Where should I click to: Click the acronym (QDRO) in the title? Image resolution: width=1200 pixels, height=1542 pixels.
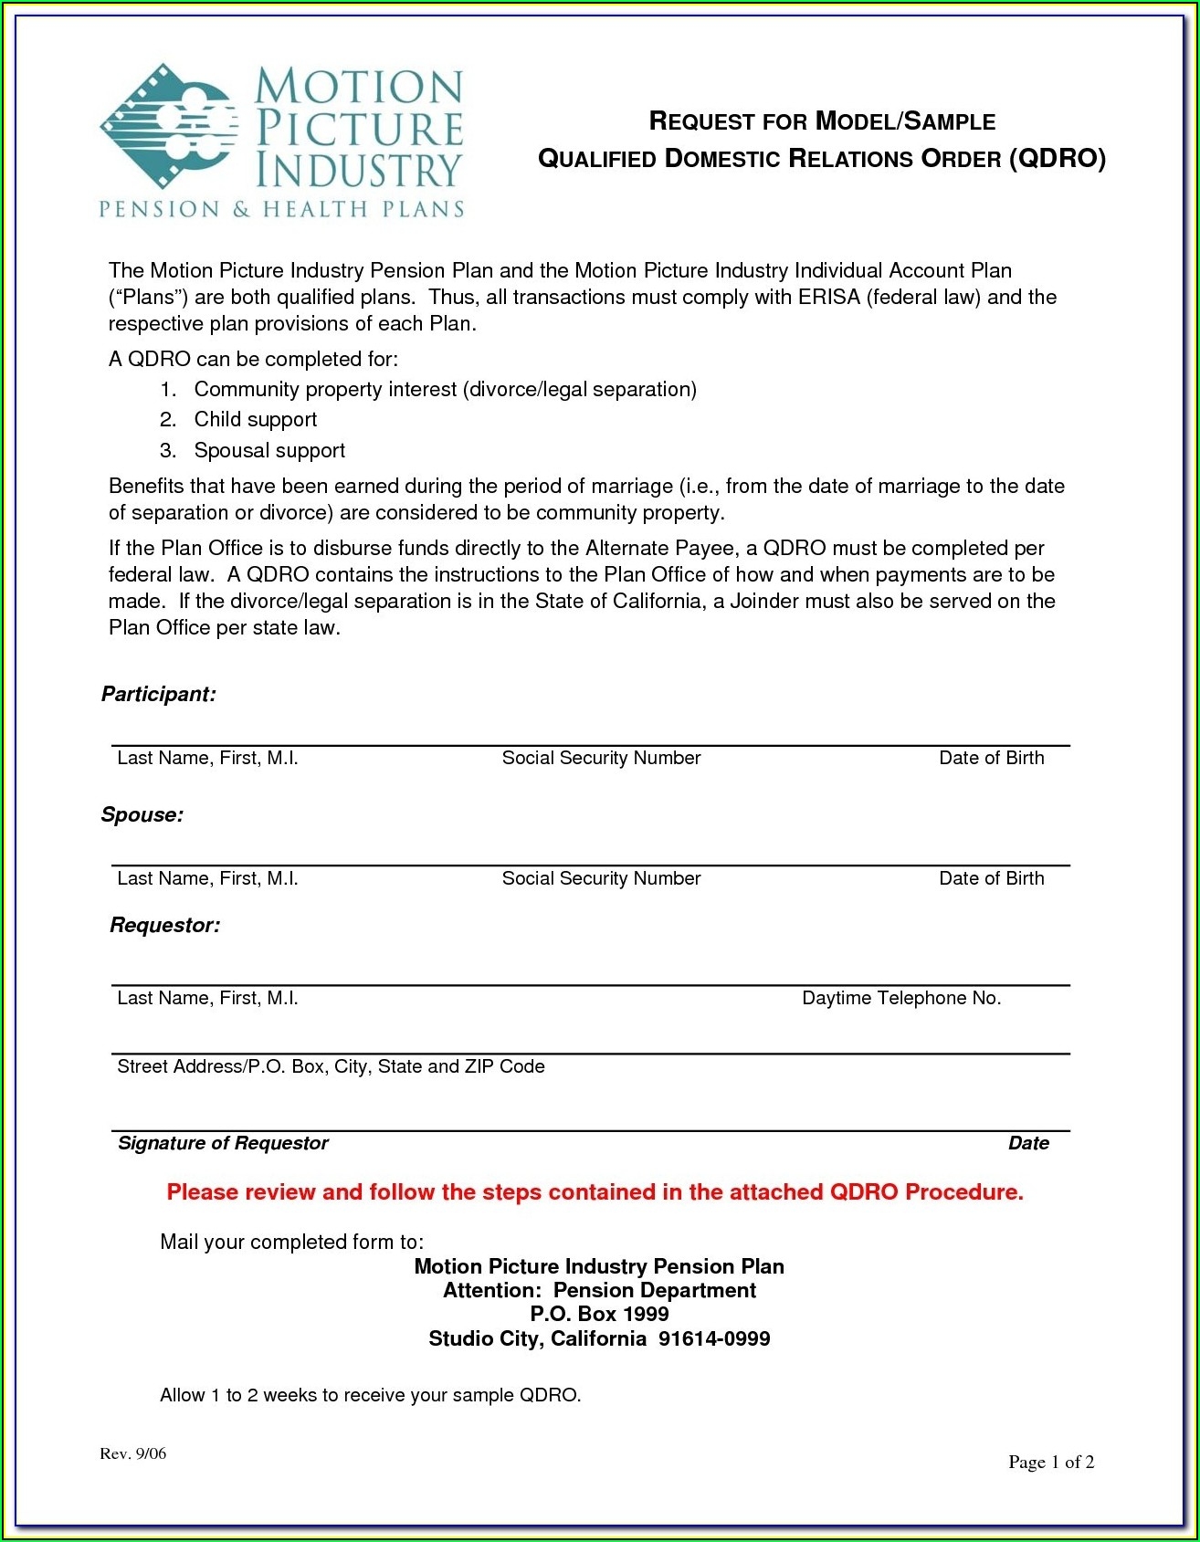pos(1058,159)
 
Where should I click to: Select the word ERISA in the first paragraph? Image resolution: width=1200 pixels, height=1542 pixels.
pos(828,298)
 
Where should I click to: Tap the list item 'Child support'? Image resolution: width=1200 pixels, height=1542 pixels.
pos(255,420)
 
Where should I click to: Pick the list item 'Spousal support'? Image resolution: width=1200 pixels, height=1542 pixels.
pos(269,451)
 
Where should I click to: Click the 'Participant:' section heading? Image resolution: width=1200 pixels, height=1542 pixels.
pos(159,695)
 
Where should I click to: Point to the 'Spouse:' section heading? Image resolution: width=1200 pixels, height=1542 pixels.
pos(142,815)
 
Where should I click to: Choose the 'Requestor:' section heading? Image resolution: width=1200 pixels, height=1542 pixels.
pos(165,926)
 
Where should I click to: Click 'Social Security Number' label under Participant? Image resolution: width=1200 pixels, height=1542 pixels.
pos(601,759)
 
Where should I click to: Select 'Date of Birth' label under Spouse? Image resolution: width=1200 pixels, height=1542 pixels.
pos(991,879)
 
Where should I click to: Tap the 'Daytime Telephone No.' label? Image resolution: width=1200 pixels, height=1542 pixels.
pos(901,999)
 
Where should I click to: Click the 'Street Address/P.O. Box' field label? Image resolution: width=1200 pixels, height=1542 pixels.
pos(331,1067)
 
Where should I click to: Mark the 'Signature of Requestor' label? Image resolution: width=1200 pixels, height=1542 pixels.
pos(223,1144)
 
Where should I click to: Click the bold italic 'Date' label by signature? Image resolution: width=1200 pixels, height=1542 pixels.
pos(1028,1144)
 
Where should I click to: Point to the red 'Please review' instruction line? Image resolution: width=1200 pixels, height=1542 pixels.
pos(595,1192)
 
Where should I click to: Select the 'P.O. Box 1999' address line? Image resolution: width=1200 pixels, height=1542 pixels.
pos(599,1315)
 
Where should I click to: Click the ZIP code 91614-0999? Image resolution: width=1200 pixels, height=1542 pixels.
pos(714,1339)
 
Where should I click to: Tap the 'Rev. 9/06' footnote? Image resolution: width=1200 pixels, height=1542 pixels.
pos(133,1454)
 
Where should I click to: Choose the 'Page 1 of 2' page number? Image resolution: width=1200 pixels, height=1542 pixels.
pos(1051,1463)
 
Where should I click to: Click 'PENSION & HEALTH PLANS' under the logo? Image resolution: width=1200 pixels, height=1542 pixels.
pos(281,210)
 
